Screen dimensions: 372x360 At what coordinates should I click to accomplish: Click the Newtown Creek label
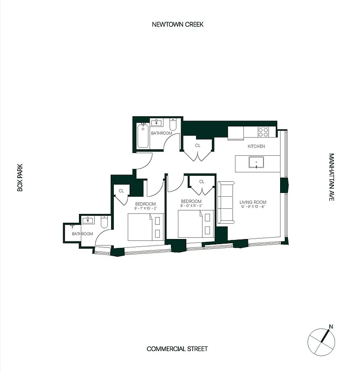pyautogui.click(x=177, y=24)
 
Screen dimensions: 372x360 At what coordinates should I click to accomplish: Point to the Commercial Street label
pyautogui.click(x=177, y=349)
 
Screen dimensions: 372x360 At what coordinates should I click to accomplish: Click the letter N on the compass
pyautogui.click(x=331, y=326)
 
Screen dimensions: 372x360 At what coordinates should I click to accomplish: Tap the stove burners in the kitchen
pyautogui.click(x=263, y=132)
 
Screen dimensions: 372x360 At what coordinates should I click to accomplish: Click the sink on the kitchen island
pyautogui.click(x=256, y=163)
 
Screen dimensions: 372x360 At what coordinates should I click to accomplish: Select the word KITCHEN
pyautogui.click(x=256, y=146)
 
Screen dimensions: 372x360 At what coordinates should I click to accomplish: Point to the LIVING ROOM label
pyautogui.click(x=253, y=202)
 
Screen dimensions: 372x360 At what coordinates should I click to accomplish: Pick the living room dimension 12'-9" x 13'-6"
pyautogui.click(x=253, y=207)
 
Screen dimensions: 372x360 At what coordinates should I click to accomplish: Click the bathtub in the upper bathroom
pyautogui.click(x=143, y=136)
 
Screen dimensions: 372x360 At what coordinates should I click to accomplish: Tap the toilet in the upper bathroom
pyautogui.click(x=173, y=125)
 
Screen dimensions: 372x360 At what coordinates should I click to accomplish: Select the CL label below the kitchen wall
pyautogui.click(x=197, y=146)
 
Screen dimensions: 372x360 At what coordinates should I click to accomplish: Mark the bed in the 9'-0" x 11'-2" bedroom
pyautogui.click(x=196, y=224)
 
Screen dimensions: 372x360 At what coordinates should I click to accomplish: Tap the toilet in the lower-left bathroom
pyautogui.click(x=105, y=224)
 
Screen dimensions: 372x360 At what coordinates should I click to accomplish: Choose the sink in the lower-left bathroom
pyautogui.click(x=88, y=220)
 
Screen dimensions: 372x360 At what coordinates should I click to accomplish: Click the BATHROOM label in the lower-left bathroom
pyautogui.click(x=82, y=234)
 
